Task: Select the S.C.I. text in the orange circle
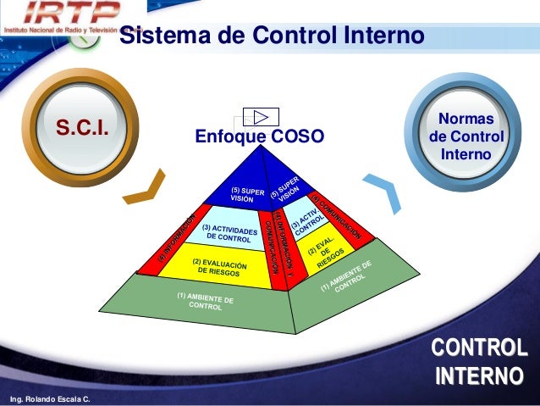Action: point(85,128)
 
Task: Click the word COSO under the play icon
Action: point(294,136)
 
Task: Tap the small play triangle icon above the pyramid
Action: point(262,117)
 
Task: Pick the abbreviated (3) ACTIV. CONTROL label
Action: point(306,221)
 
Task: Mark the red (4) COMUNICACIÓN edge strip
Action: point(339,217)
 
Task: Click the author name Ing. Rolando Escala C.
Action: point(48,398)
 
